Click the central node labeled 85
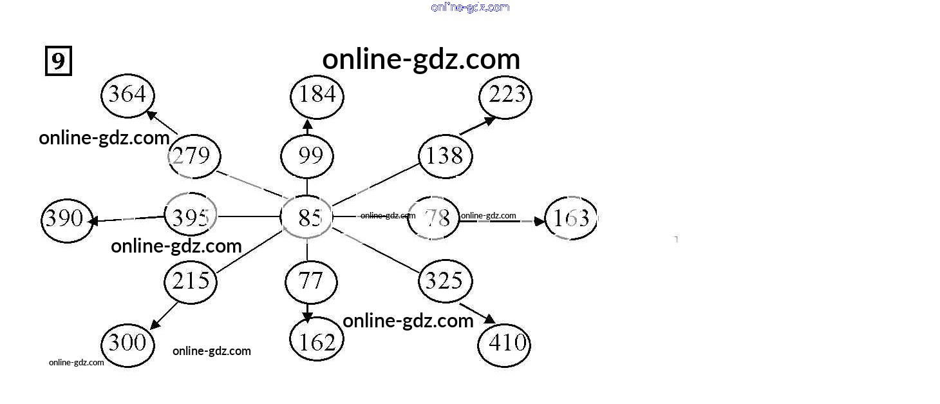[307, 218]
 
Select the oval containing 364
[127, 95]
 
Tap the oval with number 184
[317, 95]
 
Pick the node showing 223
[506, 97]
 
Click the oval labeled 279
[194, 156]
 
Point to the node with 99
[307, 156]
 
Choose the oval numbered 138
[445, 156]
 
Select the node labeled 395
[191, 217]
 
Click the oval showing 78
[434, 218]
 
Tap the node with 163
[571, 218]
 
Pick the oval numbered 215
[191, 281]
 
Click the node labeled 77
[311, 282]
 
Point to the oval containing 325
[445, 281]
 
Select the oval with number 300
[128, 343]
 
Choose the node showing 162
[317, 341]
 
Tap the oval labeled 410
[504, 343]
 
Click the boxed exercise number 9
[58, 61]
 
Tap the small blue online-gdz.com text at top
[470, 7]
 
